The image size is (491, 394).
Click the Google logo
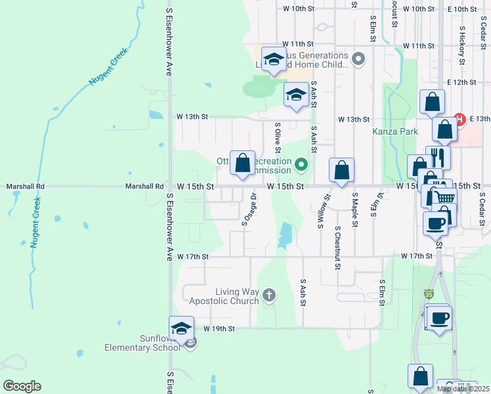[22, 386]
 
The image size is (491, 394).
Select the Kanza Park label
[395, 131]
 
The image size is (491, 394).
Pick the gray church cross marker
[268, 295]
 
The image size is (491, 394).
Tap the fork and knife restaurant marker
[438, 158]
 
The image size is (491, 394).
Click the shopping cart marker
[445, 198]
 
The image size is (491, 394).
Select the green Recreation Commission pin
[301, 164]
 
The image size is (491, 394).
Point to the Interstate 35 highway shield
[429, 294]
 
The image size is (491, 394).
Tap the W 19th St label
[219, 328]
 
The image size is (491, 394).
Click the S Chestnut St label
[337, 247]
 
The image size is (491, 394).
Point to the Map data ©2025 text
[463, 389]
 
